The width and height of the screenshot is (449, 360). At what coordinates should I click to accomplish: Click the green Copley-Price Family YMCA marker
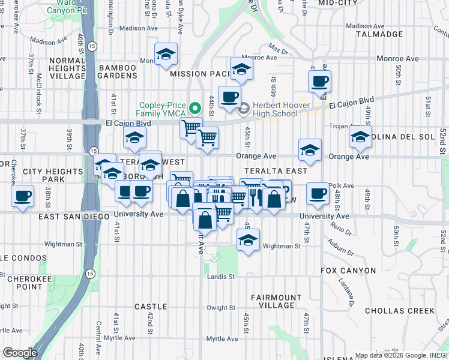tap(194, 109)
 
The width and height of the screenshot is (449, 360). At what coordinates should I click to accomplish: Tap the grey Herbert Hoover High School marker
tap(244, 109)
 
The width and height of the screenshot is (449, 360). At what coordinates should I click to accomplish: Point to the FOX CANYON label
tap(348, 271)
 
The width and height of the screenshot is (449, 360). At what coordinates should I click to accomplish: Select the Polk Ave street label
tap(340, 186)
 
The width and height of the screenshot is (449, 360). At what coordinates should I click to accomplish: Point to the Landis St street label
tap(221, 277)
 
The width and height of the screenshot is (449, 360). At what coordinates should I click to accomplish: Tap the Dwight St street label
tap(221, 308)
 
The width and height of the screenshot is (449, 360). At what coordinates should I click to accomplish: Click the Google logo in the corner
tap(20, 353)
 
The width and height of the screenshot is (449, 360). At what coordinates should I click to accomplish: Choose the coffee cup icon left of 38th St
tap(23, 196)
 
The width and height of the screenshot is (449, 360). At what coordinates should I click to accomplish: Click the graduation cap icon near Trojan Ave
tap(360, 137)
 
